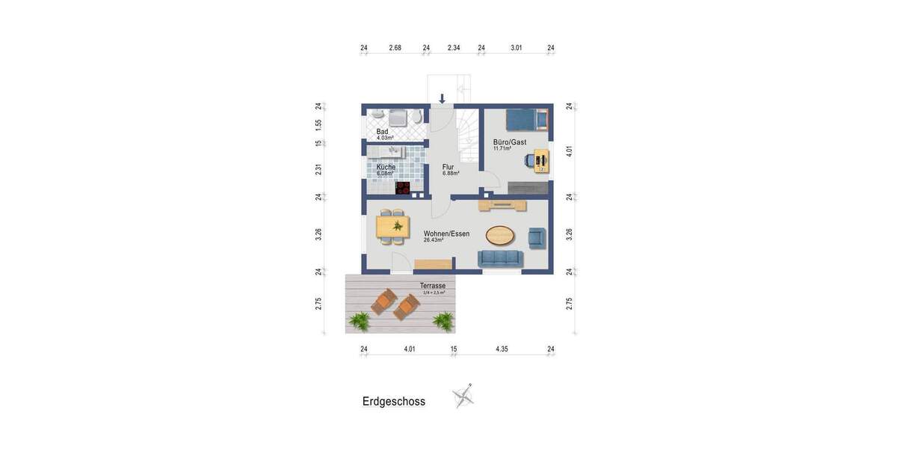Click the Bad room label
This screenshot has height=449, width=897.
tap(383, 132)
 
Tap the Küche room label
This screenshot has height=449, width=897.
tap(386, 167)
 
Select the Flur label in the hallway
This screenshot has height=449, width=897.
tap(449, 167)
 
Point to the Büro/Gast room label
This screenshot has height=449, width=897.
tap(510, 142)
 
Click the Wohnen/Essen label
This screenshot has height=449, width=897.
tap(446, 233)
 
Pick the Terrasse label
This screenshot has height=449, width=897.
tap(433, 286)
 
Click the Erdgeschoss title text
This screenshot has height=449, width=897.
tap(394, 402)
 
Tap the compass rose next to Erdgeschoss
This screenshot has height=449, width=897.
tap(463, 395)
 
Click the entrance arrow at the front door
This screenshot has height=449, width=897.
tap(443, 99)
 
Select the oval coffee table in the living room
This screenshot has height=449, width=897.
tap(500, 236)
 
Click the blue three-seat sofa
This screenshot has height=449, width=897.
tap(500, 258)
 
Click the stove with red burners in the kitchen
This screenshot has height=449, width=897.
tap(403, 188)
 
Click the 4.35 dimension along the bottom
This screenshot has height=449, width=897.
tap(502, 349)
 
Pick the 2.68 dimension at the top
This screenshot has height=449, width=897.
tap(395, 48)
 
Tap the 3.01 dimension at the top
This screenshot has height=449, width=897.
tap(517, 48)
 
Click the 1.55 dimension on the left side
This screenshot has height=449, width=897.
tap(318, 124)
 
